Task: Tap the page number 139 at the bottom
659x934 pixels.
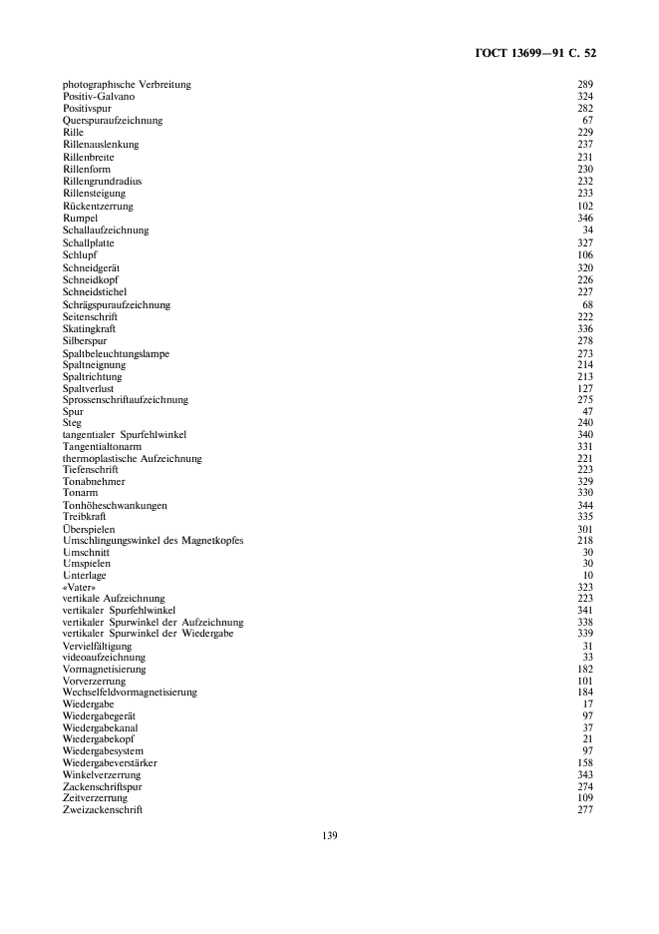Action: coord(330,835)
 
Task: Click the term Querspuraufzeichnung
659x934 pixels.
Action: coord(112,120)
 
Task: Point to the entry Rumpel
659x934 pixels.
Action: coord(80,218)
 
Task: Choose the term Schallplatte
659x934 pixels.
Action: coord(88,242)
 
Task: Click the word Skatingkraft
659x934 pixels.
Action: coord(90,328)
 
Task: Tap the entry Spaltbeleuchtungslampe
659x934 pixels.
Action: coord(116,353)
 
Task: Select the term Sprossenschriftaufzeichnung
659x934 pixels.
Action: coord(125,399)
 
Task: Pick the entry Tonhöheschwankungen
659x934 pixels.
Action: coord(115,505)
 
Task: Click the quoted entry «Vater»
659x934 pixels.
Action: coord(79,587)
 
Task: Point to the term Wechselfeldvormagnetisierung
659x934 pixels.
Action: coord(130,692)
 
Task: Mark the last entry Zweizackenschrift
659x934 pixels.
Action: coord(102,809)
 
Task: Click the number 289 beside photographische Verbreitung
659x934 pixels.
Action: coord(585,84)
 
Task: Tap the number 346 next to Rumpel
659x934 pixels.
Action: coord(585,218)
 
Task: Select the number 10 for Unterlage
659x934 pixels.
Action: coord(588,575)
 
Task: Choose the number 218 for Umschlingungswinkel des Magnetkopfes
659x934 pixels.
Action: coord(585,540)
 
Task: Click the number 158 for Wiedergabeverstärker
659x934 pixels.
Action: coord(585,762)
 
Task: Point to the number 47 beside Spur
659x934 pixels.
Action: coord(588,411)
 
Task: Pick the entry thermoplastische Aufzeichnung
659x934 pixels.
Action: coord(132,458)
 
